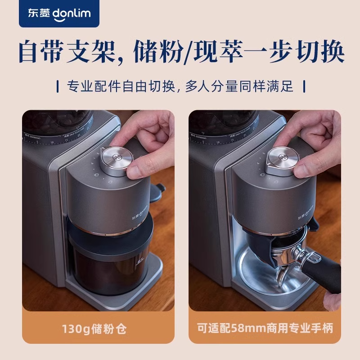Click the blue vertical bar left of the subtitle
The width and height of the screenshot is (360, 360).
[x=58, y=85]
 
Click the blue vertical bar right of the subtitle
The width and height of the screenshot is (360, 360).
[x=305, y=85]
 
